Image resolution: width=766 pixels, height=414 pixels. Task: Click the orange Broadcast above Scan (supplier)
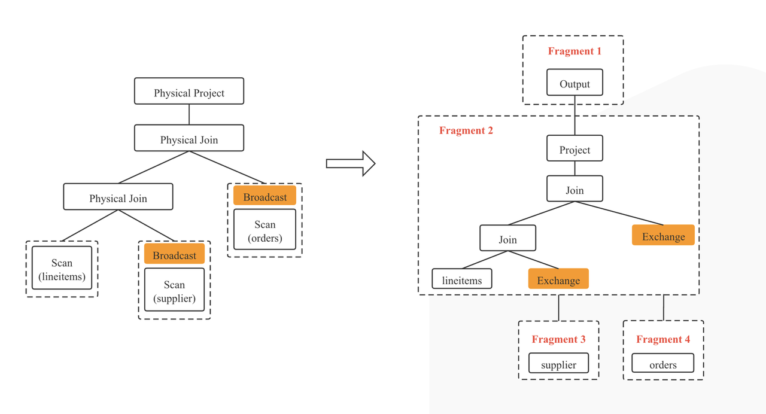tap(174, 254)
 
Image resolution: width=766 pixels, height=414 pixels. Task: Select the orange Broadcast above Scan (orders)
tap(265, 196)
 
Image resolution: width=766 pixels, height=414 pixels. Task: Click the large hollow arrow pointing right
tap(351, 163)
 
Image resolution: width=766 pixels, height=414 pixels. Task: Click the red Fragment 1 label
tap(574, 51)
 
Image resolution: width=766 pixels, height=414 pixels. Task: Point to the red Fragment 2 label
tap(466, 130)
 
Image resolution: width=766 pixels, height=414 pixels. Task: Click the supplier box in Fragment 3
tap(558, 364)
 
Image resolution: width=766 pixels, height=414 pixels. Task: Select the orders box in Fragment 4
tap(663, 364)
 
